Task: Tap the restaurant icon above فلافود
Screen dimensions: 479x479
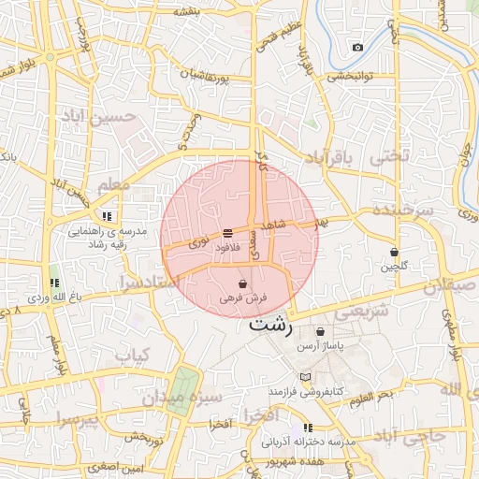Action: [227, 234]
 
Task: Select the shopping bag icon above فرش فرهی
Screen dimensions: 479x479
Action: [243, 283]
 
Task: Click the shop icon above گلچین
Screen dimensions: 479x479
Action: [394, 253]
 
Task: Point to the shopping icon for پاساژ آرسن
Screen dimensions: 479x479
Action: [321, 331]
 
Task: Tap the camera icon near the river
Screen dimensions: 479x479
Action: [357, 47]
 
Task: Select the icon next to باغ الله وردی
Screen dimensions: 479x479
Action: [53, 283]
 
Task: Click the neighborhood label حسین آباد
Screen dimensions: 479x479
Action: [98, 116]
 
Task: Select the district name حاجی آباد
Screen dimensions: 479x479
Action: [410, 436]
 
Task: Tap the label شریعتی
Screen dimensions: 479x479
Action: [356, 313]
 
